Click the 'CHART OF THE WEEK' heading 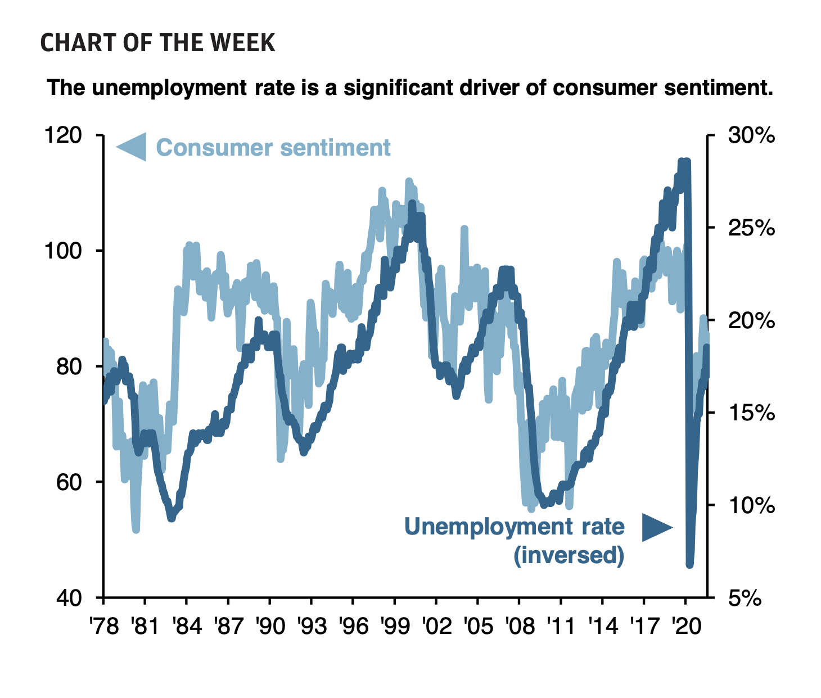(x=158, y=43)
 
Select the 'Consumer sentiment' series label (x=273, y=148)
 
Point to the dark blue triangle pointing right (x=656, y=528)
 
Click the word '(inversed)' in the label (x=569, y=555)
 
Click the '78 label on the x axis (x=105, y=626)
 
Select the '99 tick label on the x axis (x=395, y=626)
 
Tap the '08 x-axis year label (x=520, y=626)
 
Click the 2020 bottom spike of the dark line (x=689, y=564)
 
